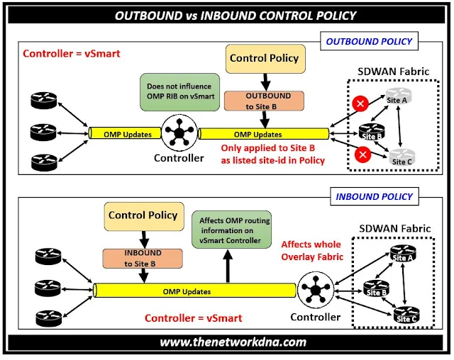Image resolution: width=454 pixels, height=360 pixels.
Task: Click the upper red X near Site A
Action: click(360, 103)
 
